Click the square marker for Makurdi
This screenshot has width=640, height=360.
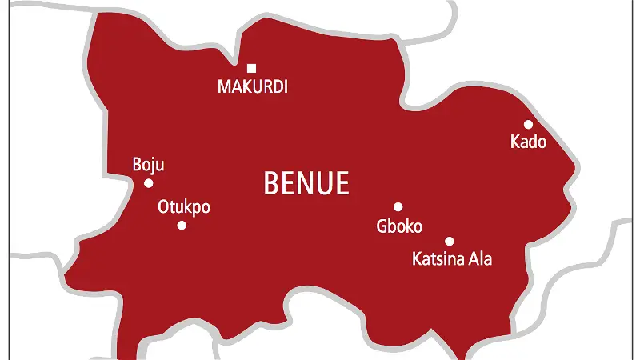click(252, 68)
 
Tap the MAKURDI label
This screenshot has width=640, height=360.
click(252, 86)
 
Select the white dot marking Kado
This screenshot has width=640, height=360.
click(528, 124)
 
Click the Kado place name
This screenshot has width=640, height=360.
click(528, 142)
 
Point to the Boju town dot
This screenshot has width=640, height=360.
click(148, 183)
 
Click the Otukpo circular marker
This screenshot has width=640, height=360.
click(182, 225)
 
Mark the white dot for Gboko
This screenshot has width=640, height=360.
click(398, 206)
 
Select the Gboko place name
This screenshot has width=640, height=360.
click(398, 226)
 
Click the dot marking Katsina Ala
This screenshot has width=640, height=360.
click(449, 241)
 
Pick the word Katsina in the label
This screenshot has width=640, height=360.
click(438, 259)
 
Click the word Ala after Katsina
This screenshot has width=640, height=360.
click(482, 259)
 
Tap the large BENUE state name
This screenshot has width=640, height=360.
click(306, 183)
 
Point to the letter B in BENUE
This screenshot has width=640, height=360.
click(271, 183)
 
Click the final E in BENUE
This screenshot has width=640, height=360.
click(342, 183)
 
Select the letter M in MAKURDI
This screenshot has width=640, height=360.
click(224, 86)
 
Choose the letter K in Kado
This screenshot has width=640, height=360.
click(514, 142)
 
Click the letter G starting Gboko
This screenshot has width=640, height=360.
click(381, 226)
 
